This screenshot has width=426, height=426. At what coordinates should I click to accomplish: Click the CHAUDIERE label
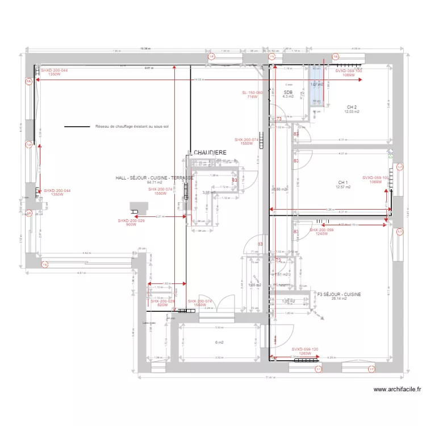pyautogui.click(x=211, y=153)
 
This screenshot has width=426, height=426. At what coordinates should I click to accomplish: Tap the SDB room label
pyautogui.click(x=288, y=92)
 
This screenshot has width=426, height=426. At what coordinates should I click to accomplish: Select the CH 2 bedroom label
pyautogui.click(x=352, y=107)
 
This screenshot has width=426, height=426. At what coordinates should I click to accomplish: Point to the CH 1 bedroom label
pyautogui.click(x=341, y=182)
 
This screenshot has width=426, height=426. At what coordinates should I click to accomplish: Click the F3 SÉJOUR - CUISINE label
pyautogui.click(x=339, y=294)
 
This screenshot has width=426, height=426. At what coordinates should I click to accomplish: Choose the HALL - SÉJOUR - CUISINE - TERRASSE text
pyautogui.click(x=154, y=178)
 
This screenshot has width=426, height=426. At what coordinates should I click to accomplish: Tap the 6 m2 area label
pyautogui.click(x=219, y=342)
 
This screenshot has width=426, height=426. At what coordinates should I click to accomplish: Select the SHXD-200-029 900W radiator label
pyautogui.click(x=127, y=222)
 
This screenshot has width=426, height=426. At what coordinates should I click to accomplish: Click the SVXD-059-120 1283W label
pyautogui.click(x=304, y=351)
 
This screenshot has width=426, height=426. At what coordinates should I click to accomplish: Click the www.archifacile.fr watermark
pyautogui.click(x=398, y=390)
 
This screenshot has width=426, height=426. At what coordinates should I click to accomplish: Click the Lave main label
pyautogui.click(x=149, y=324)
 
